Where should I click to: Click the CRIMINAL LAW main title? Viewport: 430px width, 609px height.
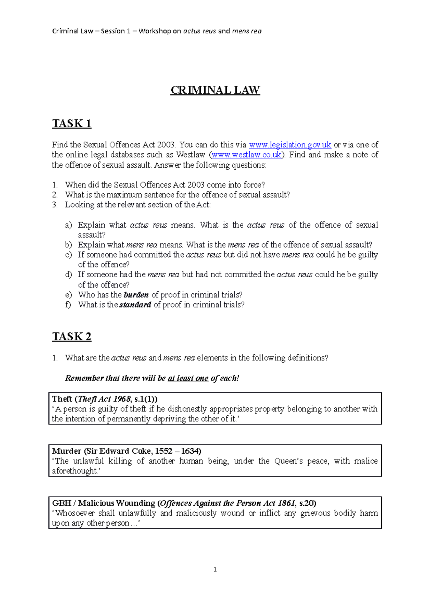tap(215, 90)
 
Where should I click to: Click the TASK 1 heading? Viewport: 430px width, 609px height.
tap(72, 123)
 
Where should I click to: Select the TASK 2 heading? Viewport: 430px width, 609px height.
tap(72, 336)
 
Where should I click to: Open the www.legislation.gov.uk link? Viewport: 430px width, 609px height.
tap(290, 145)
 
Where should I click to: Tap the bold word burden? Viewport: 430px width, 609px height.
tap(136, 295)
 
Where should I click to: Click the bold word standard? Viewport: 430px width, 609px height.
tap(135, 305)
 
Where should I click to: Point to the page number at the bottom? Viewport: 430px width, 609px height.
tap(215, 569)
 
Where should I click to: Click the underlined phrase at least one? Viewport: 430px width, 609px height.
tap(188, 378)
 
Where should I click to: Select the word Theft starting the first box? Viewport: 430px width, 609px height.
tap(62, 399)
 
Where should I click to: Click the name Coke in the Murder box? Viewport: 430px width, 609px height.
tap(143, 451)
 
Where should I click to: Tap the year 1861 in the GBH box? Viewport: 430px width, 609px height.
tap(286, 503)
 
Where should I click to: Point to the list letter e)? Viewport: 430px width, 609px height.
tap(68, 295)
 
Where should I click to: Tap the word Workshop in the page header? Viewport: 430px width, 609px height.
tap(155, 31)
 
